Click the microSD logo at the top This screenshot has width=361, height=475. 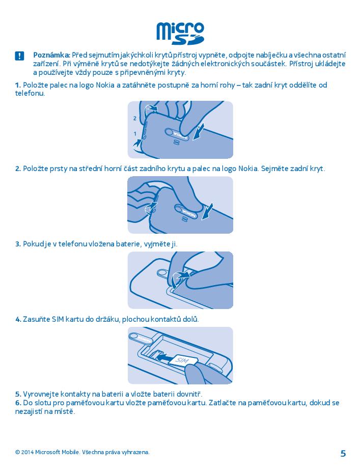coord(180,33)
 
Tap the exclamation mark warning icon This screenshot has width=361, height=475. coord(19,56)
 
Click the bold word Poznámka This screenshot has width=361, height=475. coord(52,55)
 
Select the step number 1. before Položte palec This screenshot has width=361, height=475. coord(18,85)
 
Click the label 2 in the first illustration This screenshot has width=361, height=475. coord(135,119)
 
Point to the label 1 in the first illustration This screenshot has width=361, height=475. coord(135,133)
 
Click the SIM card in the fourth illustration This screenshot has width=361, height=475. coord(182,360)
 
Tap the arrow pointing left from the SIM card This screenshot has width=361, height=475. coord(164,358)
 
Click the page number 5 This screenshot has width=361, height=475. coord(343,454)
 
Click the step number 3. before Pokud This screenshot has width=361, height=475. coord(18,244)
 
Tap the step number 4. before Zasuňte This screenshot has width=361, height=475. coord(18,319)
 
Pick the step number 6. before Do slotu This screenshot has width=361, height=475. coord(18,403)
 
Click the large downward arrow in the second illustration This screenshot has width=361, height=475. coord(208,211)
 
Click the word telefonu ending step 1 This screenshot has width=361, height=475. coord(30,93)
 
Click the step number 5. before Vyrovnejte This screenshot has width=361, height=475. coord(18,394)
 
